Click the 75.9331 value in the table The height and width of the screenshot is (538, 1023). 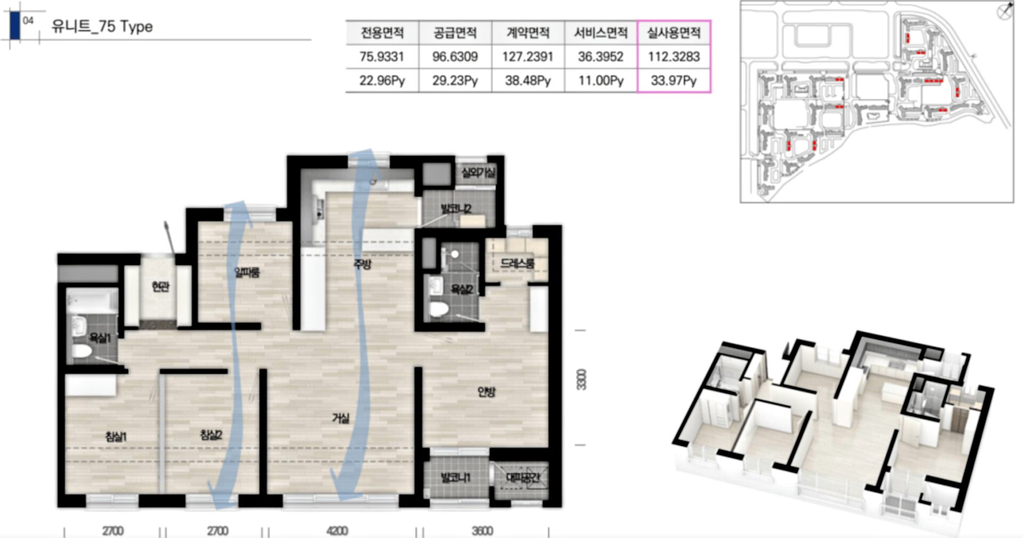(381, 57)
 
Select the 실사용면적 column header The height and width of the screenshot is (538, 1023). (673, 33)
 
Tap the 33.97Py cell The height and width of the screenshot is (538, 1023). (673, 81)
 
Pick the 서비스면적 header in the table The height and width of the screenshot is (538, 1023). (600, 33)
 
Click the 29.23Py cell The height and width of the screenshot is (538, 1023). (455, 81)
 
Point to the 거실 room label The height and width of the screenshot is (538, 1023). (341, 419)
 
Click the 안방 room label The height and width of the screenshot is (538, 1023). (486, 392)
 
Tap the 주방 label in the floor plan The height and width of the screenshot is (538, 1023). (362, 264)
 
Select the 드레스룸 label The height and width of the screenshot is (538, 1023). (517, 263)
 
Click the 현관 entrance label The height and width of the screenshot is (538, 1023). (160, 287)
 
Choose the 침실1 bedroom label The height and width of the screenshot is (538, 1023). (116, 437)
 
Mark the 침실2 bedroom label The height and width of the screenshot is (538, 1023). (211, 435)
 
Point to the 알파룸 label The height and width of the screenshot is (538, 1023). (247, 272)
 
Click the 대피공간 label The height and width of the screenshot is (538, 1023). (522, 478)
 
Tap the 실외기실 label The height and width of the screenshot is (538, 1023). (478, 173)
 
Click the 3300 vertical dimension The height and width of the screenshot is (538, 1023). (581, 380)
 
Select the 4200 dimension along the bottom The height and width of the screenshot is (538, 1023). (337, 531)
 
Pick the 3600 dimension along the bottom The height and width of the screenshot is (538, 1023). (482, 531)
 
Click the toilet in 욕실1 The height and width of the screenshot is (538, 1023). (83, 351)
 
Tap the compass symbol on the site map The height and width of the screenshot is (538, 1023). (1004, 11)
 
